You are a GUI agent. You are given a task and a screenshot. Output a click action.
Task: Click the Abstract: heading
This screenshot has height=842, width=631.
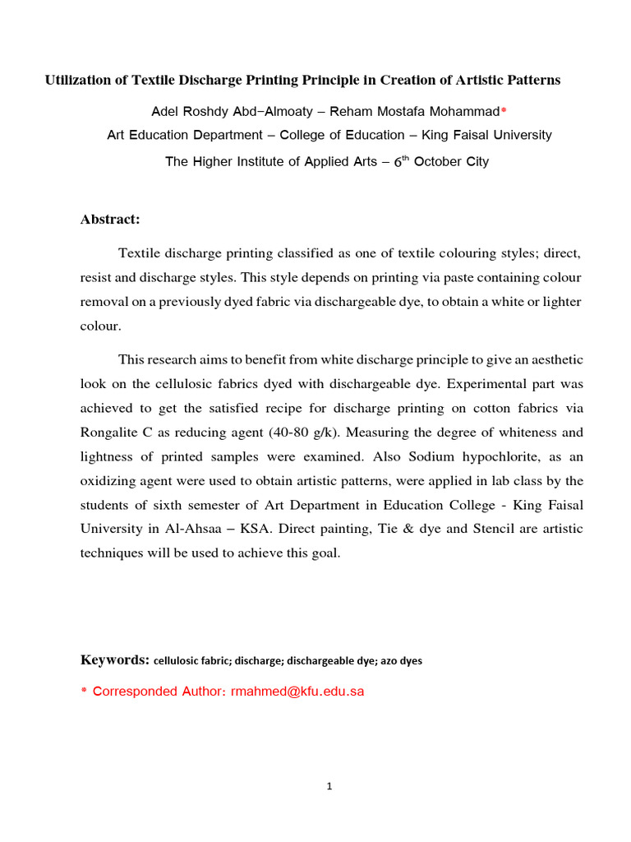(x=110, y=219)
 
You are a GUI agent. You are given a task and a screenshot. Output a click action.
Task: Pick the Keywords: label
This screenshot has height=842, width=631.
(x=114, y=659)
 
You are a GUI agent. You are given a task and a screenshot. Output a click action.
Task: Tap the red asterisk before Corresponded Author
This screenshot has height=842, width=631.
(x=83, y=692)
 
